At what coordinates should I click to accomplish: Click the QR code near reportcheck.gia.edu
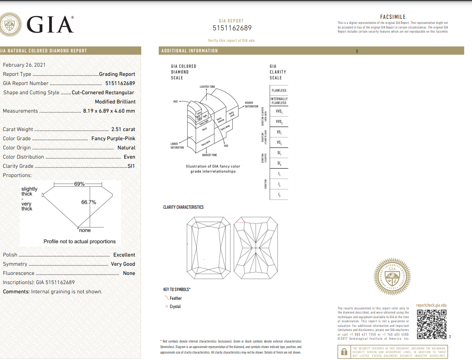coord(431,325)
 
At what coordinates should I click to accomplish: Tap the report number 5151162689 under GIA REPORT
coord(232,28)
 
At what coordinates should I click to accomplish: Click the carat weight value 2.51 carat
coord(123,129)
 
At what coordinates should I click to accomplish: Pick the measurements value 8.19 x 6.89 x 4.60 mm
coord(109,111)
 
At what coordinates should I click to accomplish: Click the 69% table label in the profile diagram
coord(79,184)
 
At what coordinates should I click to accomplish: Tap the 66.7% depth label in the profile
coord(88,202)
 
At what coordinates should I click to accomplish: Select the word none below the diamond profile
coord(85,230)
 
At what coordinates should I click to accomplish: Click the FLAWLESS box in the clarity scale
coord(279,91)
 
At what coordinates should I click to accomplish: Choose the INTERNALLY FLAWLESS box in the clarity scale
coord(279,101)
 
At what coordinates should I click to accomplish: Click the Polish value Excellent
coord(124,255)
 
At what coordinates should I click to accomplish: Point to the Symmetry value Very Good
coord(123,264)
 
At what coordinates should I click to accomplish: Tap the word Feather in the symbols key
coord(176,298)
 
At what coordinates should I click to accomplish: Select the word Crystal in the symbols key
coord(175,307)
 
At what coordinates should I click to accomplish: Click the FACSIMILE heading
coord(393,17)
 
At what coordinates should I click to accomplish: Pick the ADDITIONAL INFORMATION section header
coord(190,51)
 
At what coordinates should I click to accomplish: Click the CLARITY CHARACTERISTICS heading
coord(183,207)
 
